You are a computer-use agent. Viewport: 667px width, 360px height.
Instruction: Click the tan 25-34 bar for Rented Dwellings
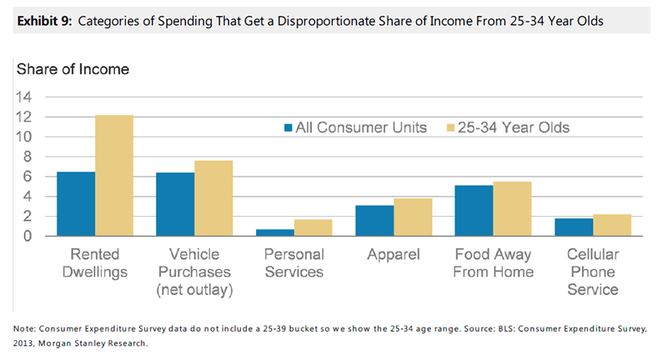tap(114, 175)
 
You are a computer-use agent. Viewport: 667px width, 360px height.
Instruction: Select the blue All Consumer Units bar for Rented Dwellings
tap(75, 203)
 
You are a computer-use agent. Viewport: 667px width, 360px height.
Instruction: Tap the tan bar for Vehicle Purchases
tap(213, 197)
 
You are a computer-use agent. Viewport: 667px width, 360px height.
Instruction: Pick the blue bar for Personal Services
tap(275, 232)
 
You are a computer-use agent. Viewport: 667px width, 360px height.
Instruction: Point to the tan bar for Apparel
tap(413, 217)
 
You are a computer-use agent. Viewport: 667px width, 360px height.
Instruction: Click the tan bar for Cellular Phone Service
tap(612, 225)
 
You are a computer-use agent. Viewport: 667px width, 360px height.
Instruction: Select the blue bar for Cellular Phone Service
tap(574, 227)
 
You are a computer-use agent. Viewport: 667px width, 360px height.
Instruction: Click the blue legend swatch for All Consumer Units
tap(288, 127)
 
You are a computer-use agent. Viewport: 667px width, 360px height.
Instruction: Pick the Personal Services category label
tap(294, 262)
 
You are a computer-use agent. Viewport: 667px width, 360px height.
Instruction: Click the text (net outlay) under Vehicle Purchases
tap(195, 289)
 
